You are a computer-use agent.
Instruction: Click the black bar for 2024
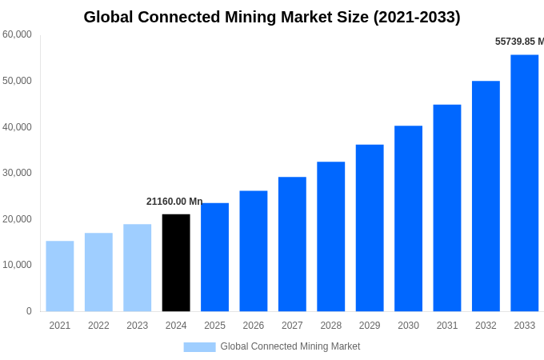176,262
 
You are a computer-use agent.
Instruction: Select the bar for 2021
60,276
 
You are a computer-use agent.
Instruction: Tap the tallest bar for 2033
524,182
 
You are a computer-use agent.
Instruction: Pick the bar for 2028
330,236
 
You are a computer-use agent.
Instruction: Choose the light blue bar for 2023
137,267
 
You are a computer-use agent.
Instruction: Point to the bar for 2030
408,218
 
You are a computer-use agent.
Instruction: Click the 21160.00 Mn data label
174,202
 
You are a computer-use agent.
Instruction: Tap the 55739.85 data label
518,42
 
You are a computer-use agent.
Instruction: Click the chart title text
272,17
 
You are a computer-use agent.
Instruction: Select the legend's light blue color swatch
199,347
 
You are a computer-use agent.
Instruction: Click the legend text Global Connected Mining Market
290,346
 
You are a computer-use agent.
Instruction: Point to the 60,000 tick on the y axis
17,34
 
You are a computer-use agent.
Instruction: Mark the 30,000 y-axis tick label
17,173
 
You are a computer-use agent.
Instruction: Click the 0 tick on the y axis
29,311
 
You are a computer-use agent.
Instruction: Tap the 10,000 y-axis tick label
17,265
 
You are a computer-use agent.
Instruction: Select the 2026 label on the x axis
253,326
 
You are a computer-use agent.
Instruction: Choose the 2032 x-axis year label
486,326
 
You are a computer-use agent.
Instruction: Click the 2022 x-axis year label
98,326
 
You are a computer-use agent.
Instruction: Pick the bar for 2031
447,208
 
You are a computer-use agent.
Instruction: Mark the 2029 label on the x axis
370,326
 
